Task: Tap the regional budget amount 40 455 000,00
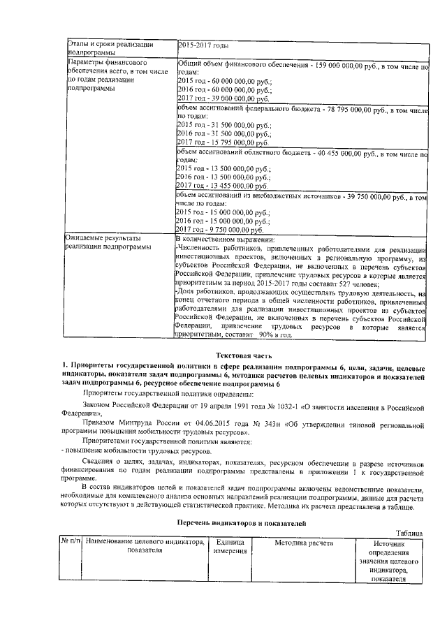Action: coord(338,154)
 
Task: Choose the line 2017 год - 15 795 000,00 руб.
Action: coord(214,142)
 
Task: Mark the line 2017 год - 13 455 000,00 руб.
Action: coord(214,186)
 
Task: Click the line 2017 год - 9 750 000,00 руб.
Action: coord(212,229)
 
